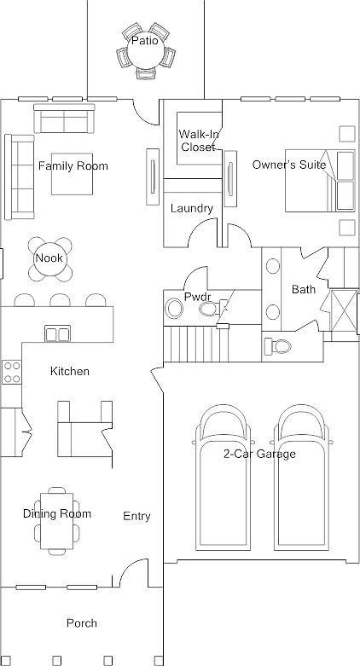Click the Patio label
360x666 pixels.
point(144,41)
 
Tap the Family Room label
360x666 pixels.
point(73,165)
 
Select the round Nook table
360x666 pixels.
point(50,258)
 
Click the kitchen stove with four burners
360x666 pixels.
point(11,372)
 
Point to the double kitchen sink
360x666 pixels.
point(58,333)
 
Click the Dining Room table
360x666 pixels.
point(56,521)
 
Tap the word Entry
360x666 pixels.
point(136,516)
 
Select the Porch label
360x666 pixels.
point(82,623)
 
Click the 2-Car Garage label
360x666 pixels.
point(259,454)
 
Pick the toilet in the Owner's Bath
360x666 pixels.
point(277,346)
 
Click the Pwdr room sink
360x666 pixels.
point(174,309)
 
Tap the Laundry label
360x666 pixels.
point(192,209)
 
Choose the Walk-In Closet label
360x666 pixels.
point(199,141)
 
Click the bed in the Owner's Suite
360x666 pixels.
point(320,181)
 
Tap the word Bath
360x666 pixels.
point(304,290)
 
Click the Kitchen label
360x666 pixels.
point(70,372)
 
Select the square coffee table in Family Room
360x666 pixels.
point(72,174)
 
